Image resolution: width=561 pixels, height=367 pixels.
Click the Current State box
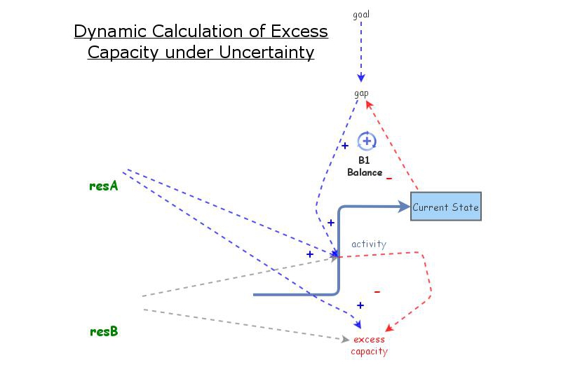[x=446, y=207]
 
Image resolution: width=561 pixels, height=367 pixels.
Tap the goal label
[x=361, y=13]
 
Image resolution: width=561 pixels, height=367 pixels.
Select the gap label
[x=361, y=93]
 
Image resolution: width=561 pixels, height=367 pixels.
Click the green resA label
[x=103, y=186]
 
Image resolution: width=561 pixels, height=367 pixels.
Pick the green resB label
[x=103, y=331]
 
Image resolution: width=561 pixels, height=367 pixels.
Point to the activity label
[x=369, y=244]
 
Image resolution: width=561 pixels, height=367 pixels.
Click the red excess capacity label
[x=369, y=345]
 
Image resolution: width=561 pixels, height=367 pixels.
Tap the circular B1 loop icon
[x=367, y=141]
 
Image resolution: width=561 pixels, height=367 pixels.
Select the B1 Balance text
[x=365, y=167]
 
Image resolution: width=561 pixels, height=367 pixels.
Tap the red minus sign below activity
[x=377, y=291]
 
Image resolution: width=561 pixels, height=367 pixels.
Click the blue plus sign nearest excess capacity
[x=360, y=305]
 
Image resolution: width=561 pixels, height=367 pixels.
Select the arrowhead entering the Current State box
[x=405, y=207]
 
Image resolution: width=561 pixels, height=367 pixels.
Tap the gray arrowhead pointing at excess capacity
[x=344, y=338]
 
